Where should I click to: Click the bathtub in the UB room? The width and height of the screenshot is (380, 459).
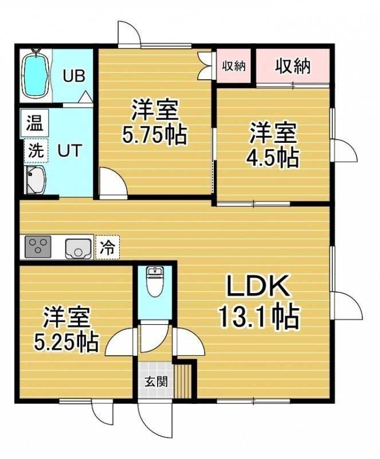pyautogui.click(x=36, y=75)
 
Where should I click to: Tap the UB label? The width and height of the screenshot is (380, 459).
pyautogui.click(x=75, y=76)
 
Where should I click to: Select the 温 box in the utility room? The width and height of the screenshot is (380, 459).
pyautogui.click(x=34, y=123)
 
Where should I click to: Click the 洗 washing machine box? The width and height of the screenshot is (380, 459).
pyautogui.click(x=36, y=151)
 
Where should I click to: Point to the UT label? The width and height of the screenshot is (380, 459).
pyautogui.click(x=69, y=151)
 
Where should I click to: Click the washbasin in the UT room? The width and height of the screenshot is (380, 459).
pyautogui.click(x=35, y=180)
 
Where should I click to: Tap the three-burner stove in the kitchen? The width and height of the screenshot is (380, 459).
pyautogui.click(x=38, y=247)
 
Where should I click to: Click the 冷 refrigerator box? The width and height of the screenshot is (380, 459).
pyautogui.click(x=107, y=247)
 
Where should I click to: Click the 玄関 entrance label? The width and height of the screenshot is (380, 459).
pyautogui.click(x=156, y=382)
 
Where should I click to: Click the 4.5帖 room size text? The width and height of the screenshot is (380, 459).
pyautogui.click(x=273, y=158)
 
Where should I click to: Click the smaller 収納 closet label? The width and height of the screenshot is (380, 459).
pyautogui.click(x=233, y=67)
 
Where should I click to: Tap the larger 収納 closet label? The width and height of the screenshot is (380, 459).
pyautogui.click(x=292, y=67)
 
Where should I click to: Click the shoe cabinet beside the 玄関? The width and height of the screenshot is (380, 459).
pyautogui.click(x=183, y=380)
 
